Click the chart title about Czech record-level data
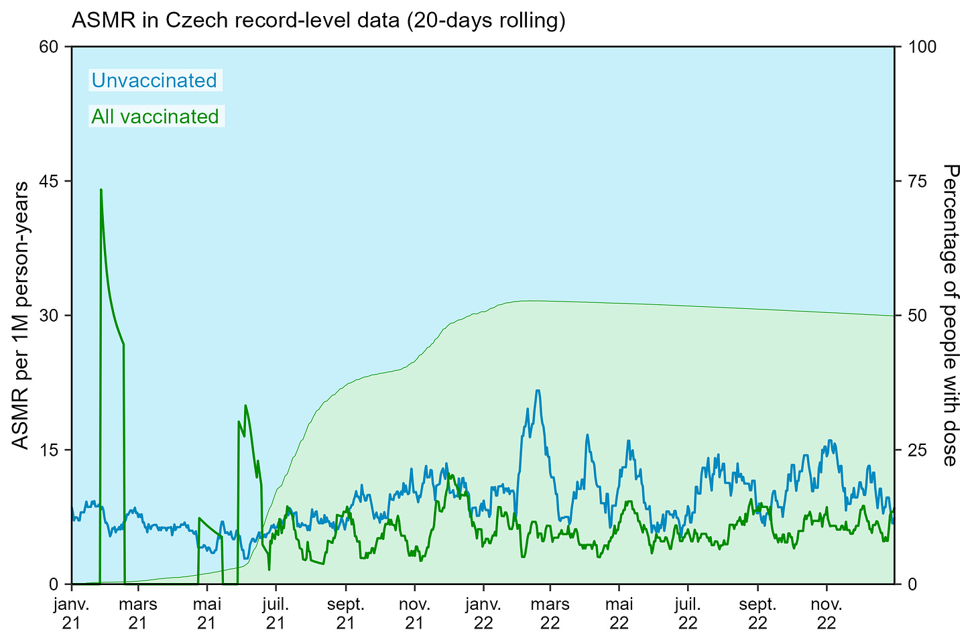[318, 21]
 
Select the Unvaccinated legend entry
[154, 80]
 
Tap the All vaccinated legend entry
[156, 117]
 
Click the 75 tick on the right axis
[917, 181]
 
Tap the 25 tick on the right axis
[917, 450]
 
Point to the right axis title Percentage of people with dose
[950, 315]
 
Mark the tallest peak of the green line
[101, 190]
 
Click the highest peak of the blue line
[538, 390]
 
